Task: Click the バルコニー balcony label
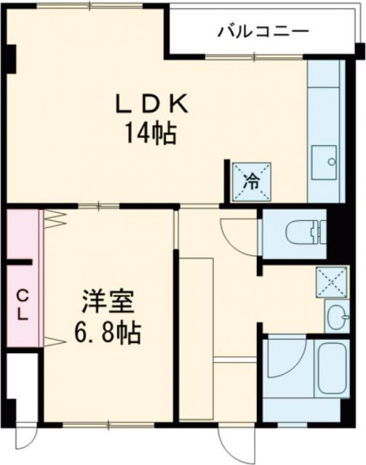point(263,32)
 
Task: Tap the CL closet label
point(23,306)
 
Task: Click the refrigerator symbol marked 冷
point(250,181)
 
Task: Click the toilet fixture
point(306,233)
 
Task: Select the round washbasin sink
point(336,318)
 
